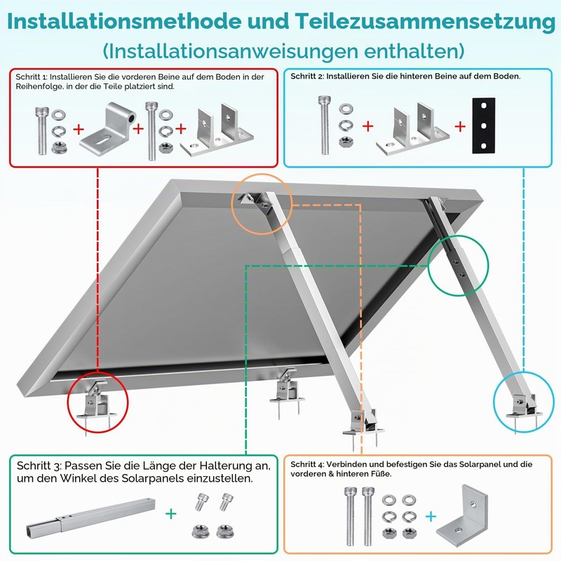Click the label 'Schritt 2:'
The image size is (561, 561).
[x=307, y=76]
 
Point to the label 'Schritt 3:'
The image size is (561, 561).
[x=39, y=466]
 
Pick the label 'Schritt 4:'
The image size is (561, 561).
[x=307, y=464]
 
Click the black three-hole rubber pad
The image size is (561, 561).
[x=483, y=126]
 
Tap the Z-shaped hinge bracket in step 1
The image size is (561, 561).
[x=107, y=126]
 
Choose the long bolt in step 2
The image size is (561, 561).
[x=325, y=126]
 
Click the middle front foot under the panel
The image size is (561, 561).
[x=288, y=390]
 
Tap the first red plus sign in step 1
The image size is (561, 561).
[x=79, y=129]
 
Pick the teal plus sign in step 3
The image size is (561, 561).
[x=171, y=514]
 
